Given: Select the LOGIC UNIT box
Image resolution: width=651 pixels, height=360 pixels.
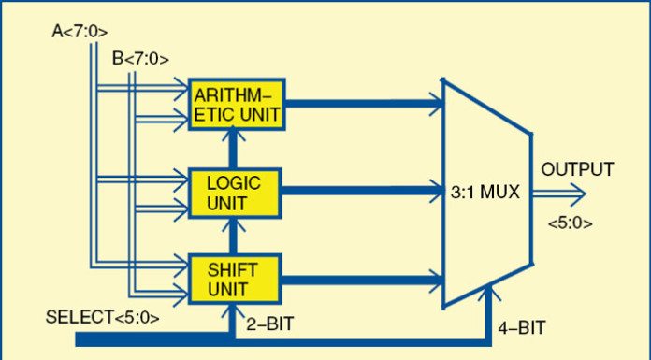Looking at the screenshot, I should click(x=236, y=191).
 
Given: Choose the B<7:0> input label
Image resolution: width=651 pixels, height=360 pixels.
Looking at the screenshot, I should click(x=140, y=59).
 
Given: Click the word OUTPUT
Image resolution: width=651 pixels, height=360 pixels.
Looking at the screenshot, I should click(x=577, y=170).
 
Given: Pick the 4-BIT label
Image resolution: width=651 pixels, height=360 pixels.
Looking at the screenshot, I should click(x=518, y=327).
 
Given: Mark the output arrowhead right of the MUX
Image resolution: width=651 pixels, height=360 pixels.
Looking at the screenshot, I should click(x=577, y=194).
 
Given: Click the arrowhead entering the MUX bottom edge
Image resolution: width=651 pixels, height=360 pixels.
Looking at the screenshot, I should click(x=486, y=295).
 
